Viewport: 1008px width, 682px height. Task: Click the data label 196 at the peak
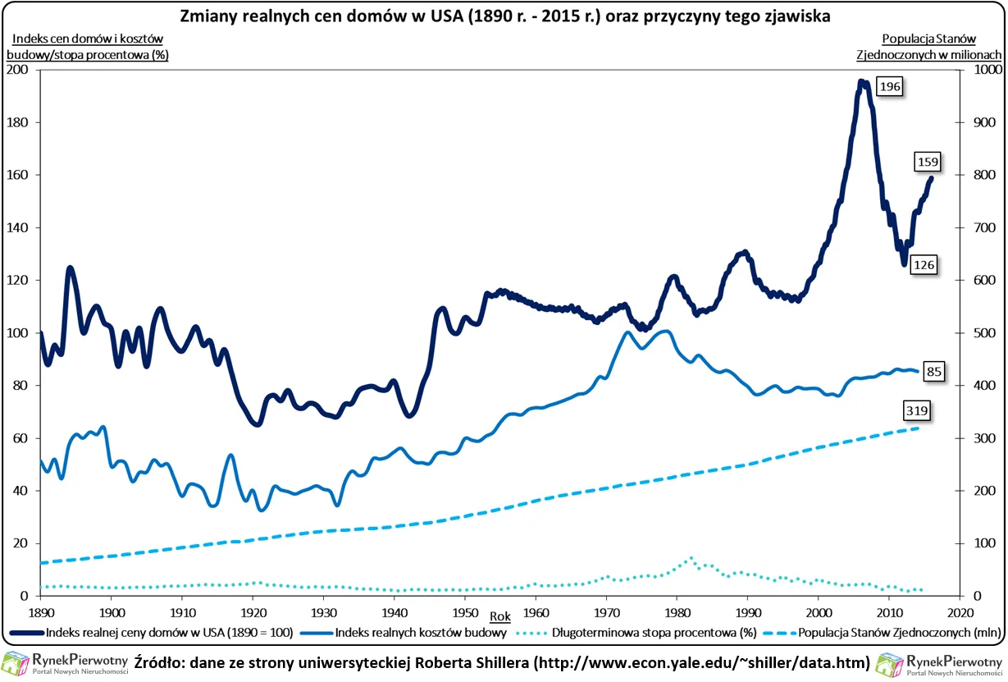pos(889,87)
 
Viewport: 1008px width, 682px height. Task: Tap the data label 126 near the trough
pos(924,264)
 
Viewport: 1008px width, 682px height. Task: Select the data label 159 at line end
pos(928,162)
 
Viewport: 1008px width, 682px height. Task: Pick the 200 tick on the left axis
pos(17,70)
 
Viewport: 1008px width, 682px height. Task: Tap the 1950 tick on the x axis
pos(464,612)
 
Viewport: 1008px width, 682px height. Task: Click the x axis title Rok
pos(499,616)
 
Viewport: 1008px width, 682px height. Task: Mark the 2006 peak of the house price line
pos(861,81)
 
